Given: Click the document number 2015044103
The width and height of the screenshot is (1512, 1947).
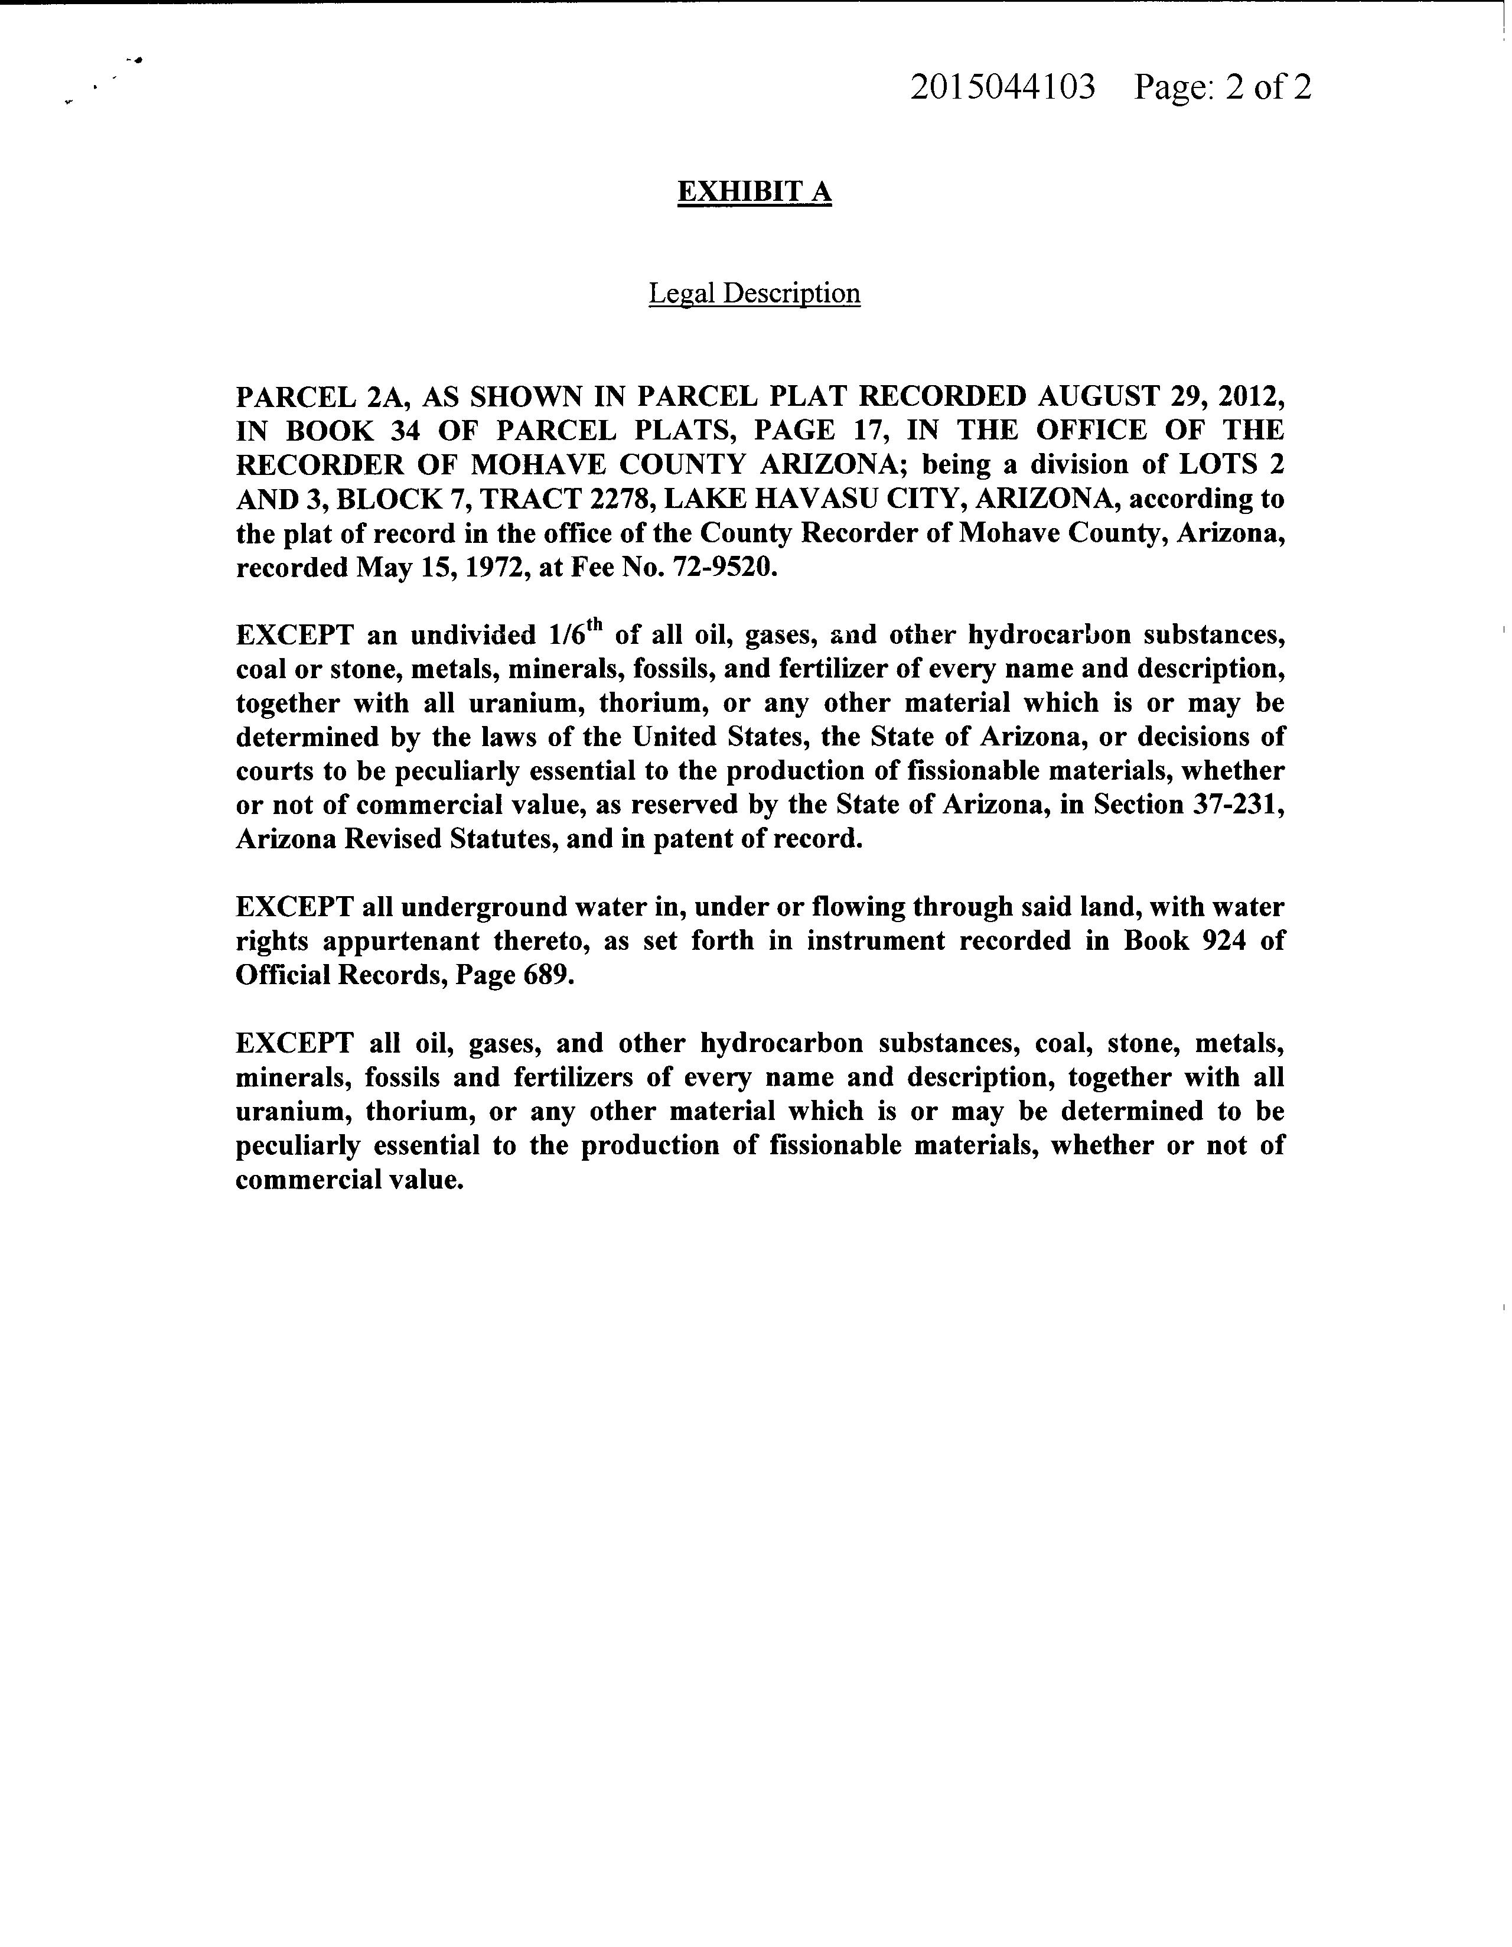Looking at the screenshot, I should tap(1002, 88).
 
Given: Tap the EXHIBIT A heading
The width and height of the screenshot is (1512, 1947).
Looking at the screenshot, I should tap(754, 191).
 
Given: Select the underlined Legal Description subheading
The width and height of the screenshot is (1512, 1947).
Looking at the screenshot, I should tap(754, 294).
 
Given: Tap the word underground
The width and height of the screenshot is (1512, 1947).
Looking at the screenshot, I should tap(464, 907).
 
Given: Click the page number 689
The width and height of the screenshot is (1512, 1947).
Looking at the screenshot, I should tap(545, 975).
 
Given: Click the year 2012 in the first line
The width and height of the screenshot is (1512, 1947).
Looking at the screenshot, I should tap(1254, 396).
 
